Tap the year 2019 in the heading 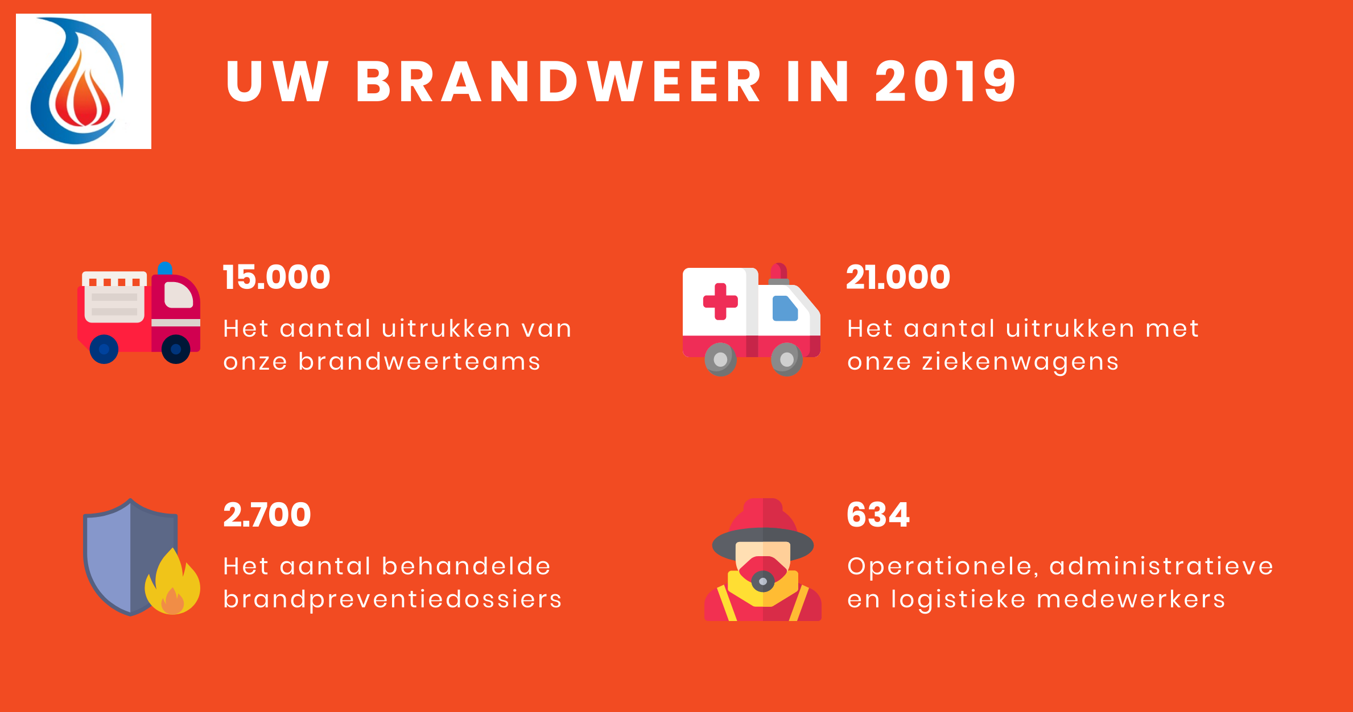point(946,82)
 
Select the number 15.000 point(277,278)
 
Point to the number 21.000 point(898,278)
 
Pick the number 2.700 point(267,515)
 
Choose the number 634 point(878,515)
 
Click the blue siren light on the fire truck point(165,268)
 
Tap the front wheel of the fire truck point(176,349)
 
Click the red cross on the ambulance point(720,301)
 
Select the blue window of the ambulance point(785,308)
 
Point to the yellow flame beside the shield point(172,582)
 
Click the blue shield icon point(130,557)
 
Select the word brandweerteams point(419,362)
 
